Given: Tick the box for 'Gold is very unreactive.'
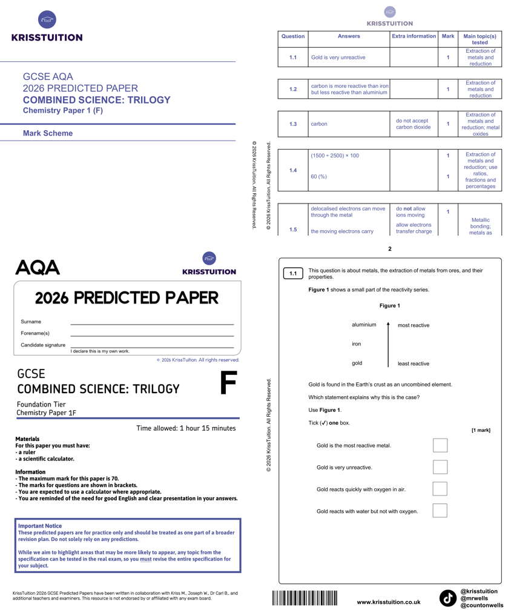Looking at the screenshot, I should pos(440,467).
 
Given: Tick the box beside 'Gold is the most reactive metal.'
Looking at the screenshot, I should pos(440,445).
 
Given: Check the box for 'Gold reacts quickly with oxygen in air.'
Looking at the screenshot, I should pos(440,489).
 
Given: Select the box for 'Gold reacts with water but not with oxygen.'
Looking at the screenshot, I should pos(440,511).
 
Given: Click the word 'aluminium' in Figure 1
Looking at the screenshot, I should pos(364,325).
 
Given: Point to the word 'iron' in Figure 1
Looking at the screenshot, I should pos(357,344).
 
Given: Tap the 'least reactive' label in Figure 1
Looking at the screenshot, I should pos(414,363).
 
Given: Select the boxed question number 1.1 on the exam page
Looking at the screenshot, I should pos(293,274).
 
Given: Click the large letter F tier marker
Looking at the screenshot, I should pos(228,382).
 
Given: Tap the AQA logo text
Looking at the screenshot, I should pos(38,267).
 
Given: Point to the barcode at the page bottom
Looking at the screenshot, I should pos(305,598).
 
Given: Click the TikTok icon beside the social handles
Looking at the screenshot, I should pos(447,598).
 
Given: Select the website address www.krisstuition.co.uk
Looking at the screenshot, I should pos(389,602).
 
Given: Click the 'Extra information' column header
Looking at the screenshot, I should pos(414,36).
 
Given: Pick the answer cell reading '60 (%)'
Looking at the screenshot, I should pos(319,177).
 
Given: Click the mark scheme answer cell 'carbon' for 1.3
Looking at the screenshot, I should pos(319,124).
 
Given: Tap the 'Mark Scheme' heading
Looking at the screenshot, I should pos(48,133).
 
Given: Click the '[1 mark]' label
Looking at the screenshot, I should pos(481,430).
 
